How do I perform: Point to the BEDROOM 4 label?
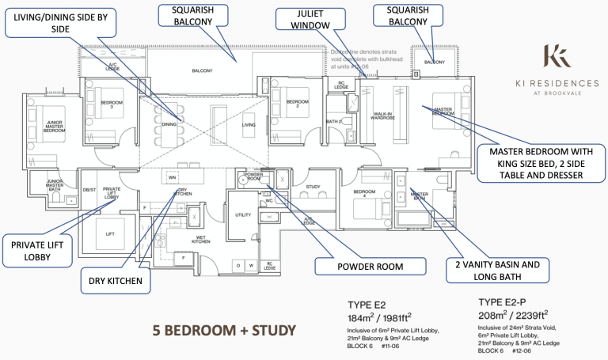click(x=364, y=192)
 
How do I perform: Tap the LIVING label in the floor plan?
click(x=249, y=125)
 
